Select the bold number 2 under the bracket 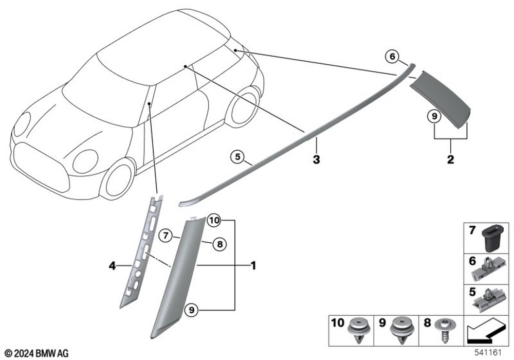pos(450,159)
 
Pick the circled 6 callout pos(392,57)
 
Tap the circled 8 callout pos(219,245)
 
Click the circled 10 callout pos(214,221)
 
